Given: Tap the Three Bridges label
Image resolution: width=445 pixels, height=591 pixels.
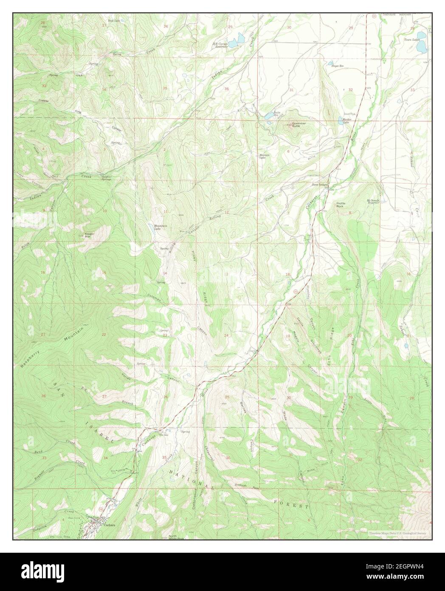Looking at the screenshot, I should tap(320, 185).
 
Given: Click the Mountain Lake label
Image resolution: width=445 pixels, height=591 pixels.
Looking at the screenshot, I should tap(159, 227).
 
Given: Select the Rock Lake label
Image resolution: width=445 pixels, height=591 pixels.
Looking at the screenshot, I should tap(114, 20).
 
